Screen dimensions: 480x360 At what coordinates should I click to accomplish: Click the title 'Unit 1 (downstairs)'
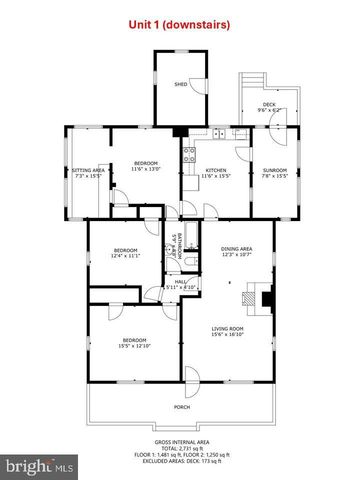(180, 23)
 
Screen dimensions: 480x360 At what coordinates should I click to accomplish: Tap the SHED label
(180, 85)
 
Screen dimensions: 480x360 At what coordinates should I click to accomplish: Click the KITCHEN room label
(216, 171)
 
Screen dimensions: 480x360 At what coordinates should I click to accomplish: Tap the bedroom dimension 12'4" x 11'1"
(125, 255)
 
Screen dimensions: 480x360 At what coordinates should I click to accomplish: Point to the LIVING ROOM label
(227, 329)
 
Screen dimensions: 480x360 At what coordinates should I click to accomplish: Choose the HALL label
(182, 282)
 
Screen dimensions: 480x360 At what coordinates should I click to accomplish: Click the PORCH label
(182, 407)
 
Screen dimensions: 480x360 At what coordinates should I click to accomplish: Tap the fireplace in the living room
(263, 297)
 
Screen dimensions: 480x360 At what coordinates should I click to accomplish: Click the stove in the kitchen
(188, 155)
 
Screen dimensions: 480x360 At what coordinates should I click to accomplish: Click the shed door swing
(200, 84)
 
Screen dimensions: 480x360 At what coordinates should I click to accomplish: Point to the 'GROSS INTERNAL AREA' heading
(181, 441)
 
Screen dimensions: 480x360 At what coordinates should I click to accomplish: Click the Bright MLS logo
(39, 465)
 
